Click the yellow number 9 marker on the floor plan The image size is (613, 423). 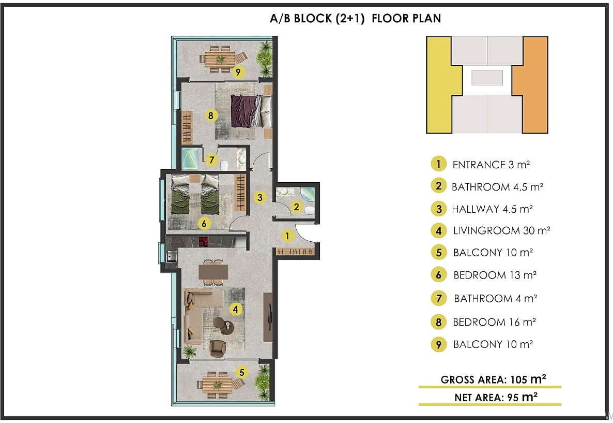pyautogui.click(x=238, y=72)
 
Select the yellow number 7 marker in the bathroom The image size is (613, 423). pyautogui.click(x=211, y=160)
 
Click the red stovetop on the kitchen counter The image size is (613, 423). pyautogui.click(x=203, y=242)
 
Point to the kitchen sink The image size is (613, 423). pyautogui.click(x=171, y=256)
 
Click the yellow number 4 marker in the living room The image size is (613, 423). pyautogui.click(x=235, y=309)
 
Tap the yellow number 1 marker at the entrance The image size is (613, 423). pyautogui.click(x=287, y=236)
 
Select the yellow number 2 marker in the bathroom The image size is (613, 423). pyautogui.click(x=296, y=207)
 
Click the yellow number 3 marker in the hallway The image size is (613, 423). pyautogui.click(x=260, y=197)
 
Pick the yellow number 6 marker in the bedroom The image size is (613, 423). pyautogui.click(x=204, y=224)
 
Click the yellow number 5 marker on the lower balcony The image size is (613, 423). pyautogui.click(x=242, y=372)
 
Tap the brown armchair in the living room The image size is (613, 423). pyautogui.click(x=218, y=348)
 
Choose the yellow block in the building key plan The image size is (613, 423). pyautogui.click(x=444, y=85)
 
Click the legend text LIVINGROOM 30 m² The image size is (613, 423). pyautogui.click(x=501, y=231)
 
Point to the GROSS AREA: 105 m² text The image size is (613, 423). pyautogui.click(x=493, y=379)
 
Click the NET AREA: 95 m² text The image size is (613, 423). pyautogui.click(x=496, y=397)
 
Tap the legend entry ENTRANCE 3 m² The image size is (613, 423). pyautogui.click(x=491, y=165)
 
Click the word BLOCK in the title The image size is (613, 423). pyautogui.click(x=313, y=19)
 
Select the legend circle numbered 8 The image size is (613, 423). pyautogui.click(x=439, y=322)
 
